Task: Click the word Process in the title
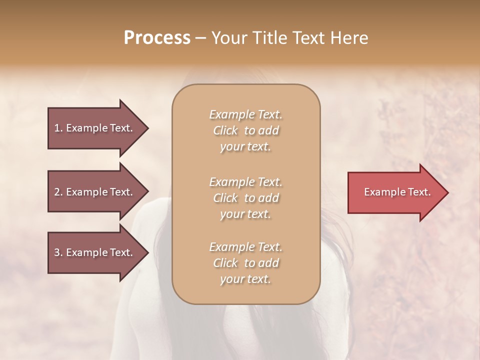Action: click(157, 37)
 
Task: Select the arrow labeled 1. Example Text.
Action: click(95, 128)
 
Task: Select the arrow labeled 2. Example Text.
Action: click(95, 192)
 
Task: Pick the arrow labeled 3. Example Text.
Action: click(95, 252)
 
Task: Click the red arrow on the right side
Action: click(395, 192)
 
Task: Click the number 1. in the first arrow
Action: click(58, 128)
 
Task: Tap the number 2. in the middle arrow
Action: click(58, 192)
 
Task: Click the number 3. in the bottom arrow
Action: click(58, 252)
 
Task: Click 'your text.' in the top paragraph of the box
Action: click(245, 147)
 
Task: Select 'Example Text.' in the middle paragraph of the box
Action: click(245, 181)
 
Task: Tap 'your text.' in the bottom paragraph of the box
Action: click(245, 279)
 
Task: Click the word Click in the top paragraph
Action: click(225, 130)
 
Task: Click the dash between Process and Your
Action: click(201, 37)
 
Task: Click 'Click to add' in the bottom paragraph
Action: click(245, 263)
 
